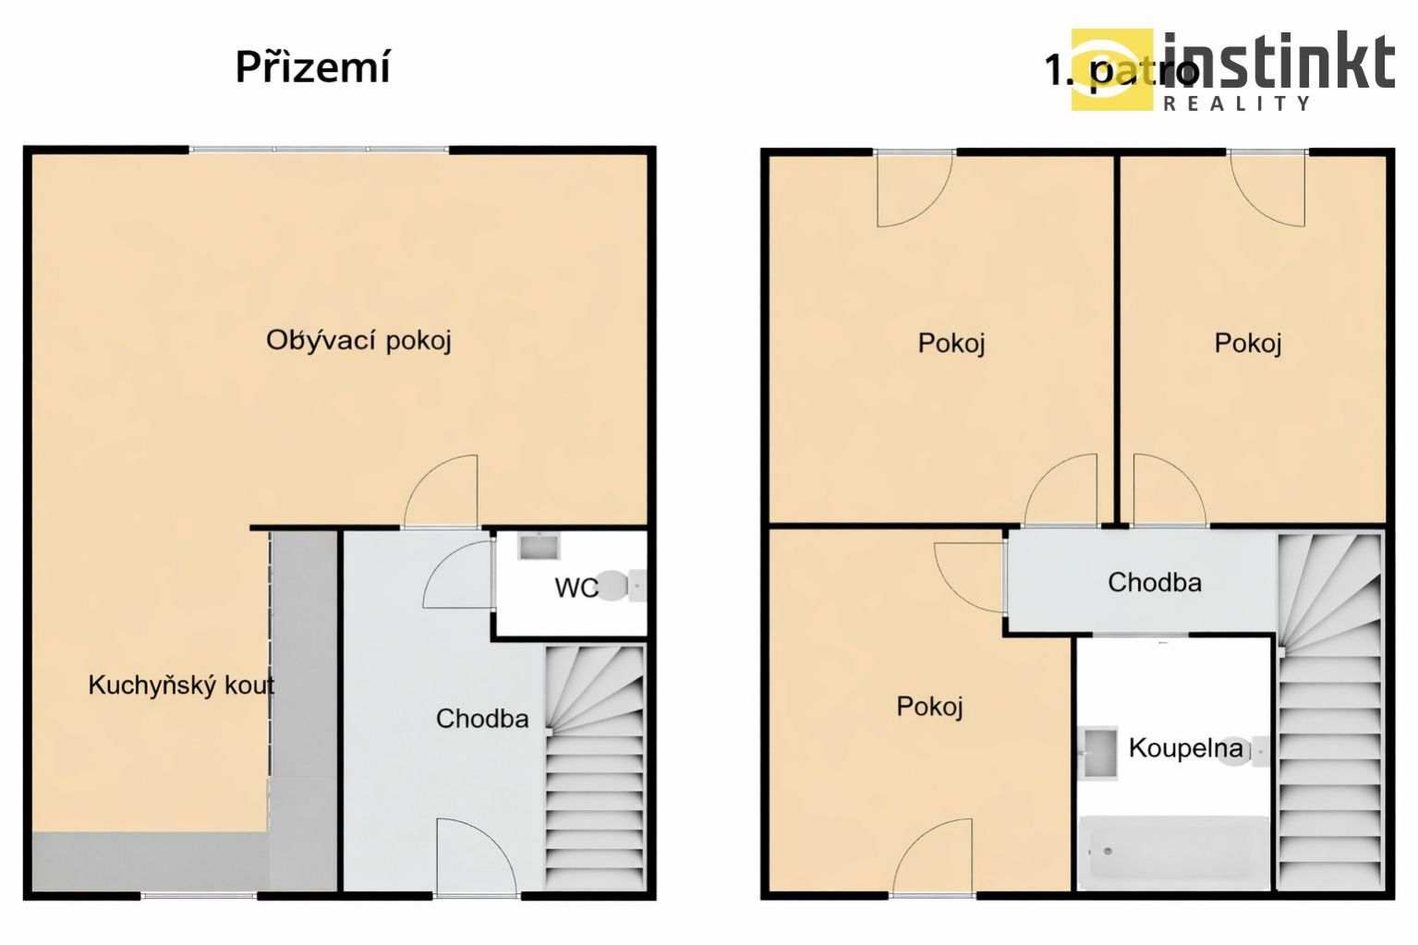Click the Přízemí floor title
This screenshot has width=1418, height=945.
pos(313,67)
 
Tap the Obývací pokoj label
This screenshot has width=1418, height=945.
pos(358,341)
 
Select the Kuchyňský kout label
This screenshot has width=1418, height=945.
pos(181,685)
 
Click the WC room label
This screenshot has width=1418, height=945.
pos(576,588)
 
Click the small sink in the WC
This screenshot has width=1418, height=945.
pos(539,546)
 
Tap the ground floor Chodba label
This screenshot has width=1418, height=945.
pos(482,719)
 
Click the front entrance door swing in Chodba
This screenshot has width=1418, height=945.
pos(475,855)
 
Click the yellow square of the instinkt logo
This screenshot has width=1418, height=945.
pos(1111,69)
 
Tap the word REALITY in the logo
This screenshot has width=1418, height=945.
pos(1237,103)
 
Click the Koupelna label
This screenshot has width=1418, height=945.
pos(1186,748)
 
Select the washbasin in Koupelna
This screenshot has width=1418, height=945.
pos(1098,752)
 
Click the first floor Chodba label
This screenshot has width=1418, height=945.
pos(1155,582)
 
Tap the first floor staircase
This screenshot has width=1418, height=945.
pos(1330,712)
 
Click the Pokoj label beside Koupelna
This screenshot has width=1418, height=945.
pos(929,706)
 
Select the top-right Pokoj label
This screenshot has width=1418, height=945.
pos(1248,343)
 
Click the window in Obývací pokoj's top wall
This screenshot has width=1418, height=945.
pos(319,150)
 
